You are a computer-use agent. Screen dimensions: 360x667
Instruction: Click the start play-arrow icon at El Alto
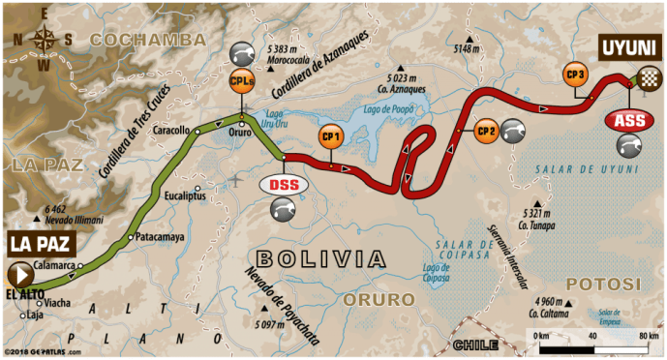[19, 273]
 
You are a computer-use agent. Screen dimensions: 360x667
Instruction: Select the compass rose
[44, 40]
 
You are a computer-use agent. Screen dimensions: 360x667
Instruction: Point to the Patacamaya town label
[159, 235]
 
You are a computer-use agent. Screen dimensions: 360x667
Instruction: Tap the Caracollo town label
[170, 128]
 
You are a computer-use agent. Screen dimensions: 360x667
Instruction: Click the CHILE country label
[470, 344]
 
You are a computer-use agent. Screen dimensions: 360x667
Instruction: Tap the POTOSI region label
[603, 283]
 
